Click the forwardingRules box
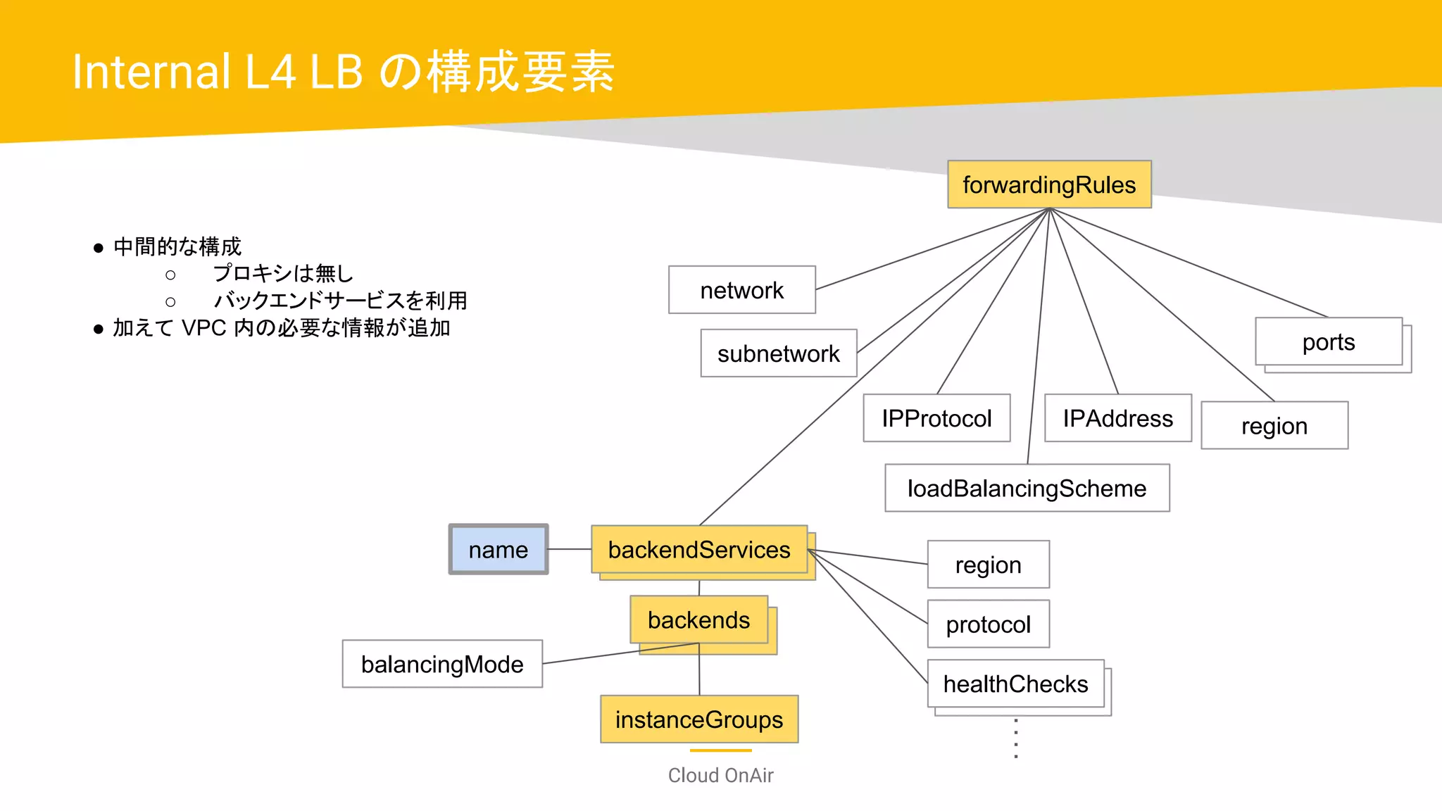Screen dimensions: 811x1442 coord(1049,184)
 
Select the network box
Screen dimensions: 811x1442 coord(741,290)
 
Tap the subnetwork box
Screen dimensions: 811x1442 coord(778,353)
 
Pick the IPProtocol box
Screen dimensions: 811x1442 coord(936,418)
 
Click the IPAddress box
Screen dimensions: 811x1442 coord(1117,418)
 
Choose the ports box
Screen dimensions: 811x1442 coord(1328,342)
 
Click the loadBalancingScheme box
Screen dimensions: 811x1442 coord(1027,488)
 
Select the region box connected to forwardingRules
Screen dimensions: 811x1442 coord(1274,426)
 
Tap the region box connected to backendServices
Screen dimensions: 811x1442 coord(988,565)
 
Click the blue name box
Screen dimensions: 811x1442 coord(499,550)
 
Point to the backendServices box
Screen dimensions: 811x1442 coord(699,550)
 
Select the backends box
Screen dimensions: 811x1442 coord(698,620)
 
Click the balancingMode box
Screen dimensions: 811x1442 coord(442,664)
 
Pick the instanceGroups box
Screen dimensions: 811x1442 coord(698,719)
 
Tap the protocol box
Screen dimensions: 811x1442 coord(988,624)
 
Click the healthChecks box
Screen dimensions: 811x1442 coord(1015,684)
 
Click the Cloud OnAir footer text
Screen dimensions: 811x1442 coord(720,775)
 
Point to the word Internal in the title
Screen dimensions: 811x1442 coord(151,72)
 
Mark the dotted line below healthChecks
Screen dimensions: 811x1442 coord(1015,738)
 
